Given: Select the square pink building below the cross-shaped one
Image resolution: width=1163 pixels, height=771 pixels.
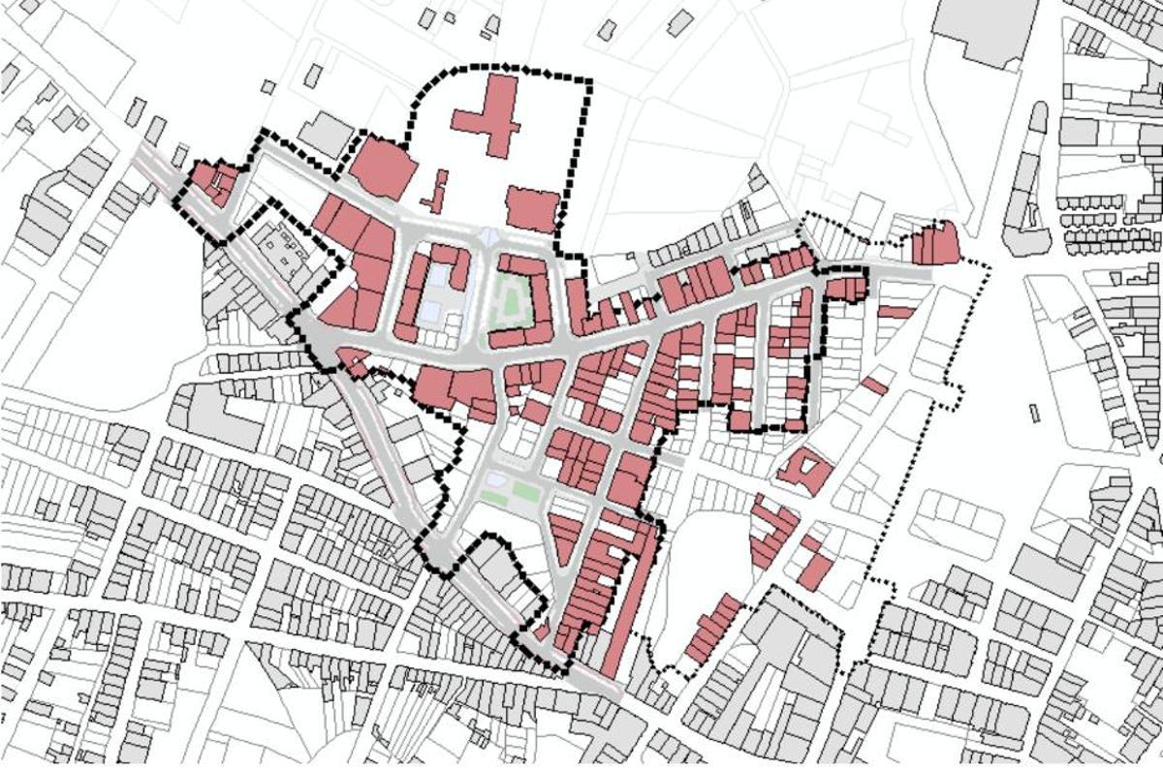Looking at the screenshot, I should point(532,209).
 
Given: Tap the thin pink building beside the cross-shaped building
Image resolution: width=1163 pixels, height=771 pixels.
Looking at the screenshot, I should point(437,192).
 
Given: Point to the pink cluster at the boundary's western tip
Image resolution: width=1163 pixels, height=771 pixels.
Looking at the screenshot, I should point(212,182).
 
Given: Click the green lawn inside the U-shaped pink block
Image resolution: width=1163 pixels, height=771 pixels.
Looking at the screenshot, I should point(511,300).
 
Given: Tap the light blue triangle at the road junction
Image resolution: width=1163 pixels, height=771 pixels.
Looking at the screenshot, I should point(488,237).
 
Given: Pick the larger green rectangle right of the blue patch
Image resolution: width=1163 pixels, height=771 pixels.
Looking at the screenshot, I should point(524,491).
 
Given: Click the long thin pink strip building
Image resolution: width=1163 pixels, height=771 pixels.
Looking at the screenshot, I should point(620,601).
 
